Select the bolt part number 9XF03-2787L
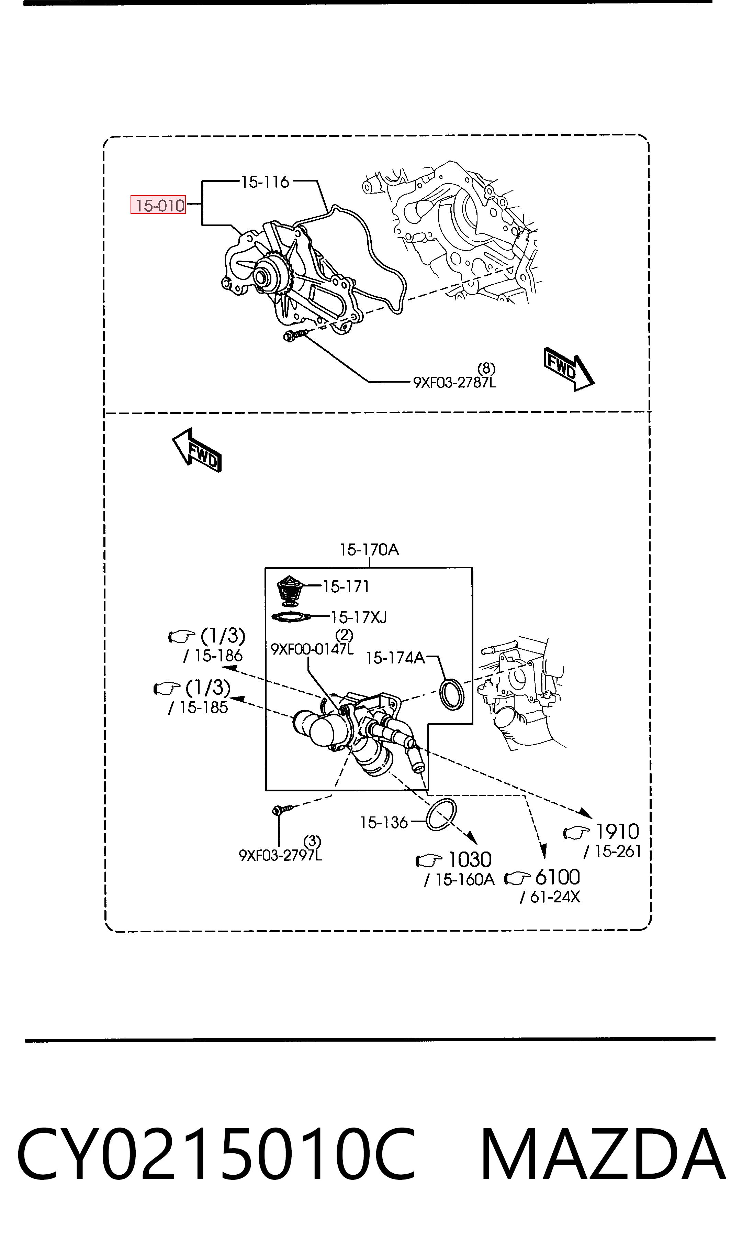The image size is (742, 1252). point(454,383)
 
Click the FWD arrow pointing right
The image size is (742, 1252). point(569,369)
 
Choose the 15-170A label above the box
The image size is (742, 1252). point(370,550)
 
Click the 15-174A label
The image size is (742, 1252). point(395,658)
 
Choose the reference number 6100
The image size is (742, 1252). point(558,877)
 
